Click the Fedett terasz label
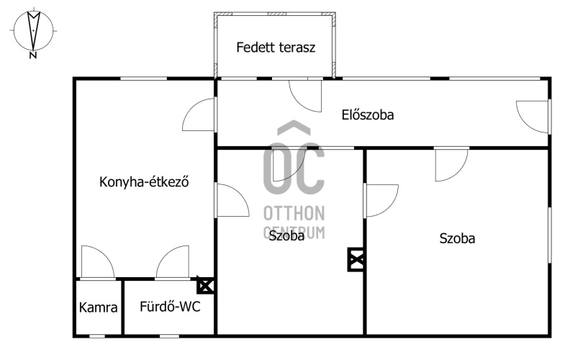pyautogui.click(x=276, y=48)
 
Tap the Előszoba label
pyautogui.click(x=368, y=114)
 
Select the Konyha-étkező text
pyautogui.click(x=144, y=182)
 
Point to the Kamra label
pyautogui.click(x=99, y=307)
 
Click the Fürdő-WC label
pyautogui.click(x=170, y=307)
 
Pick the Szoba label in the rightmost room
pyautogui.click(x=457, y=238)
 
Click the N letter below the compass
pyautogui.click(x=33, y=55)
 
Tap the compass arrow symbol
pyautogui.click(x=33, y=31)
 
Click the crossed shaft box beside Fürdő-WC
pyautogui.click(x=206, y=287)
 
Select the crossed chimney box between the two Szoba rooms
pyautogui.click(x=356, y=259)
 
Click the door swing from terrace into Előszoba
pyautogui.click(x=305, y=96)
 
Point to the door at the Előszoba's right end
pyautogui.click(x=533, y=117)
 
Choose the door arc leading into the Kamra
pyautogui.click(x=98, y=263)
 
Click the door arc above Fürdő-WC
pyautogui.click(x=173, y=263)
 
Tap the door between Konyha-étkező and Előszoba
pyautogui.click(x=199, y=114)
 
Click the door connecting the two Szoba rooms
pyautogui.click(x=382, y=201)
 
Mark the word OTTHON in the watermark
pyautogui.click(x=294, y=213)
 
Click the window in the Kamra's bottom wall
pyautogui.click(x=97, y=336)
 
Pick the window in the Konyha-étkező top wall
pyautogui.click(x=143, y=78)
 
